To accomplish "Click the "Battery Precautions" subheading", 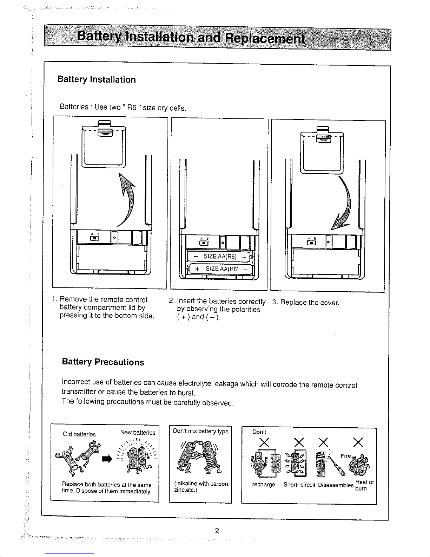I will [103, 362].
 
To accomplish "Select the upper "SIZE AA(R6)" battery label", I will [222, 257].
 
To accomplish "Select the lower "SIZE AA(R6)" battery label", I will [222, 269].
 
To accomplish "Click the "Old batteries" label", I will [79, 434].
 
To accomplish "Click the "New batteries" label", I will [137, 433].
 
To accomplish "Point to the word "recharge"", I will [263, 485].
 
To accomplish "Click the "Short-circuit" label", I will [299, 485].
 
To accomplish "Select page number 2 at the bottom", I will [217, 531].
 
